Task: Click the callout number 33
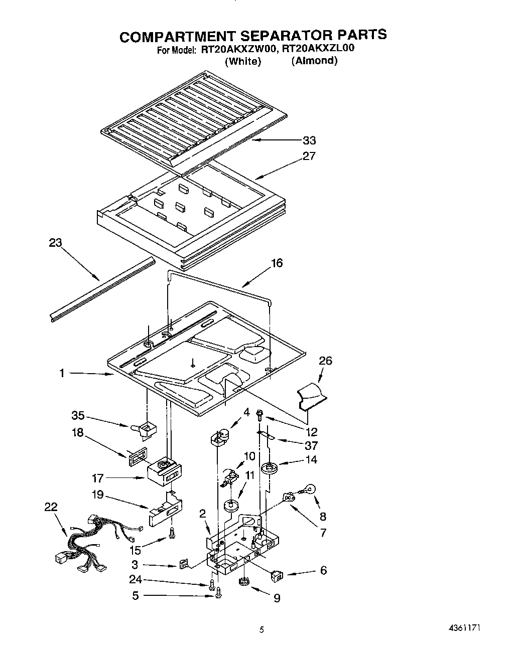tap(309, 140)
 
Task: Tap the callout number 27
tap(309, 156)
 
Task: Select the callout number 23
tap(55, 243)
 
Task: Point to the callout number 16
tap(277, 263)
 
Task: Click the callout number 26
tap(325, 361)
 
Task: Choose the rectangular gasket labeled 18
tap(138, 457)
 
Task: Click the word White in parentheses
tap(243, 61)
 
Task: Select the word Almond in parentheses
tap(314, 61)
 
